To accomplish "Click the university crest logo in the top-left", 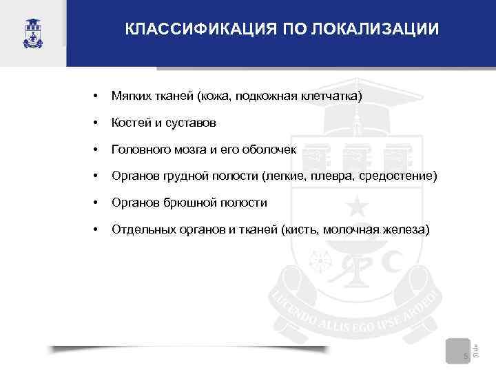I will pos(32,31).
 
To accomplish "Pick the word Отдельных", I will pos(139,229).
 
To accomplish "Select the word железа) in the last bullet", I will pos(407,229).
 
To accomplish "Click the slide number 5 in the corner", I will pos(465,355).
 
